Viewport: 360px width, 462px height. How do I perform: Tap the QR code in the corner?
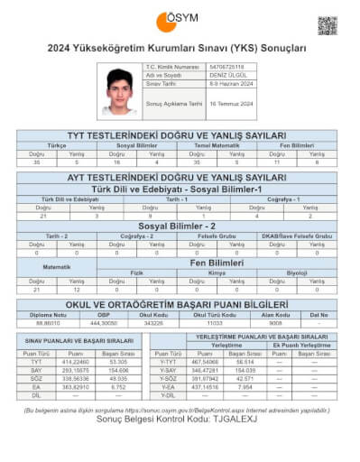click(x=328, y=24)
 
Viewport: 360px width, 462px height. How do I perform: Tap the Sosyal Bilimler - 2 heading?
click(x=180, y=226)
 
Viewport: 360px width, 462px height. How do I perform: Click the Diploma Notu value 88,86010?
click(x=48, y=322)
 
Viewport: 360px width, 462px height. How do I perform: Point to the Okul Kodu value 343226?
click(x=153, y=322)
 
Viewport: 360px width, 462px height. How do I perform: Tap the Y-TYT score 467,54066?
click(x=207, y=362)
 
